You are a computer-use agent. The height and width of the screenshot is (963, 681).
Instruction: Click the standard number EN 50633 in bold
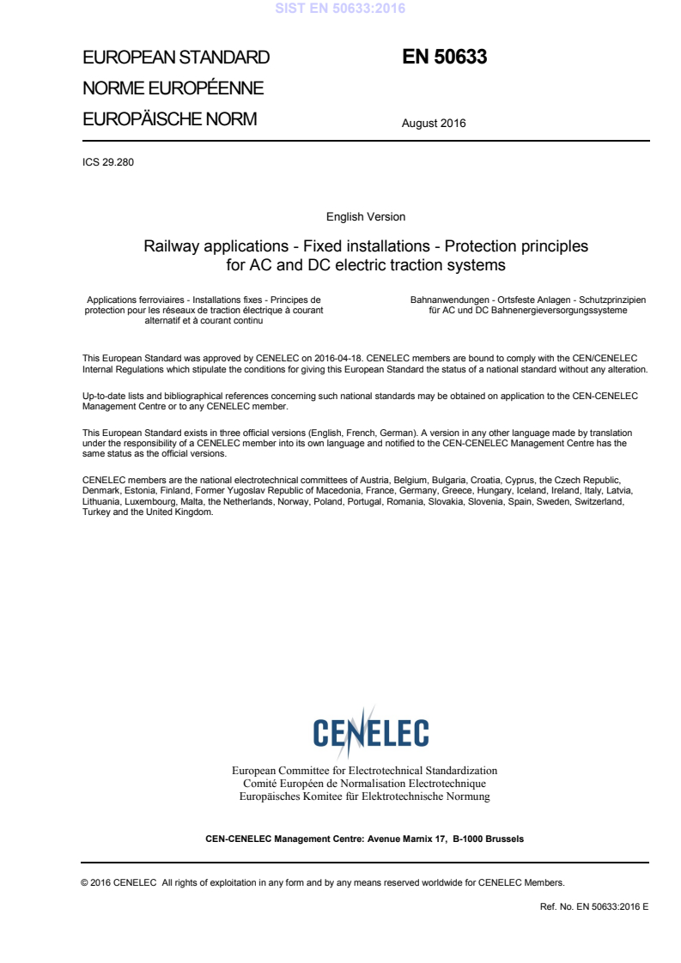click(445, 58)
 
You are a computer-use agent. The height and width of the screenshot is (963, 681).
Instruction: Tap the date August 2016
click(434, 124)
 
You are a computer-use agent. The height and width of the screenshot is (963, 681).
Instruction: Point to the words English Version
click(366, 217)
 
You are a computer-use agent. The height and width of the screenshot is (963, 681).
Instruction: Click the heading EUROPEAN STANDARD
click(176, 58)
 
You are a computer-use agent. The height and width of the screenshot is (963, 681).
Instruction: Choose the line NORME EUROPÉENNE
click(173, 88)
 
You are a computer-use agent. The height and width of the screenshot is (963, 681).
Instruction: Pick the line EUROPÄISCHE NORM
click(169, 119)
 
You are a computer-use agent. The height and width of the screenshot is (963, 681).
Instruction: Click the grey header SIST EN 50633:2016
click(340, 9)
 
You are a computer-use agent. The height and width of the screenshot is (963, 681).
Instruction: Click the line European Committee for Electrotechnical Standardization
click(365, 771)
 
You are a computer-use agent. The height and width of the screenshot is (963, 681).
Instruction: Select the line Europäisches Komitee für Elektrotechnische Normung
click(365, 796)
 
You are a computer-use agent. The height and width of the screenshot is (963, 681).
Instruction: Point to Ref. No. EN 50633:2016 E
click(593, 905)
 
